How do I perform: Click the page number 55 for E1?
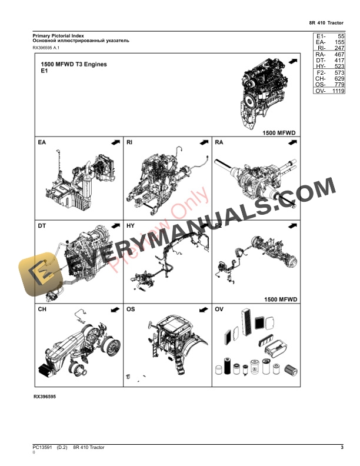coord(340,36)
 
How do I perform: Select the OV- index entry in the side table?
coord(321,91)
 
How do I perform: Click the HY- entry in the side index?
coord(321,67)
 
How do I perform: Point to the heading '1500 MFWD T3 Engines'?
coord(74,64)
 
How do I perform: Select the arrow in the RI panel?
coord(204,142)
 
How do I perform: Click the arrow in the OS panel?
coord(204,309)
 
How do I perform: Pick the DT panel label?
coord(42,225)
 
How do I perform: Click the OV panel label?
coord(219,309)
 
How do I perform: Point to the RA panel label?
coord(219,142)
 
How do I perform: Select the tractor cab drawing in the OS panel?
coord(171,341)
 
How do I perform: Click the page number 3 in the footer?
coord(342,448)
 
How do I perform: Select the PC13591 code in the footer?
coord(43,448)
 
